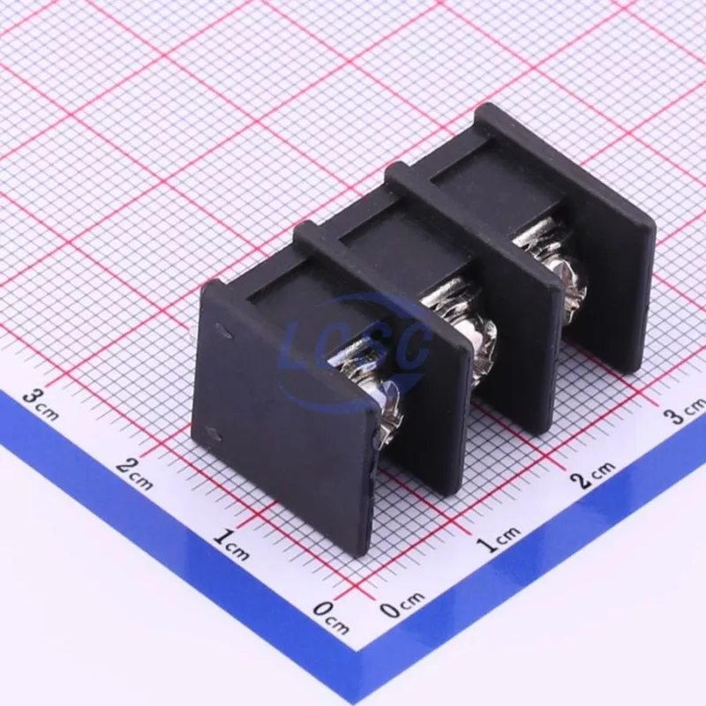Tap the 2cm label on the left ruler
(x=135, y=474)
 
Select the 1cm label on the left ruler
(x=231, y=545)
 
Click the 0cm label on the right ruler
(x=402, y=605)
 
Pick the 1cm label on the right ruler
(x=499, y=538)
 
